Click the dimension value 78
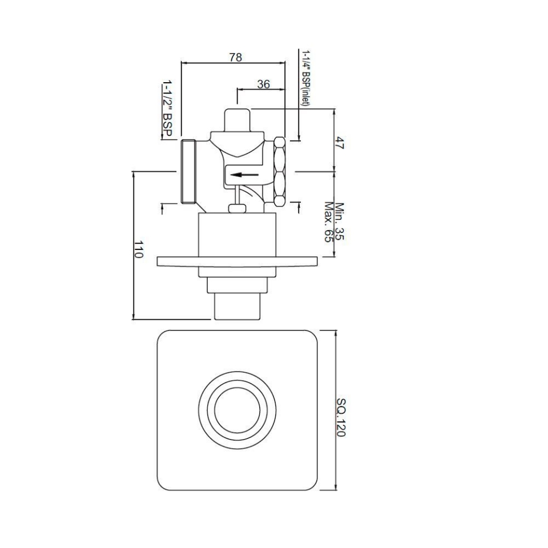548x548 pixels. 235,57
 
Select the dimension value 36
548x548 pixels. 263,84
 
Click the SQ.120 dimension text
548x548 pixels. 341,417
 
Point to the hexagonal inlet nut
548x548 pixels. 280,171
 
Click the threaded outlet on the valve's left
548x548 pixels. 188,171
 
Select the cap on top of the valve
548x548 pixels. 236,120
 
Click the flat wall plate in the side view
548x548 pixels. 236,261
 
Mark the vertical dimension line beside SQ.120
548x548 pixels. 335,410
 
